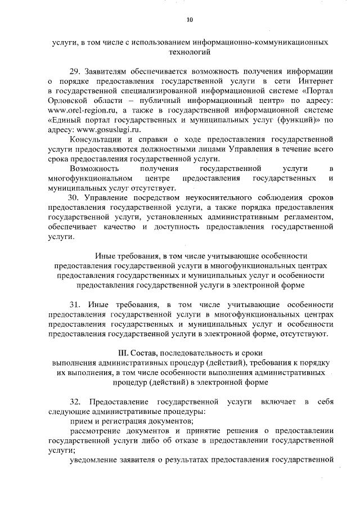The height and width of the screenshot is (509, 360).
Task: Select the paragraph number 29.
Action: click(x=75, y=72)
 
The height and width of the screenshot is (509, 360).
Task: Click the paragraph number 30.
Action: click(x=75, y=198)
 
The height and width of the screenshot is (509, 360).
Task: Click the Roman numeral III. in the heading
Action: click(x=120, y=353)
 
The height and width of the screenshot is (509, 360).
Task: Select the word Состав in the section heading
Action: click(x=146, y=353)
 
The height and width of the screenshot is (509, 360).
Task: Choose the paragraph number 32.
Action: click(x=75, y=403)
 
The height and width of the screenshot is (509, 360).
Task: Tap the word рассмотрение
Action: click(x=95, y=431)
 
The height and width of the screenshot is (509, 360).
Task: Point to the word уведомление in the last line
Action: click(x=95, y=461)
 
